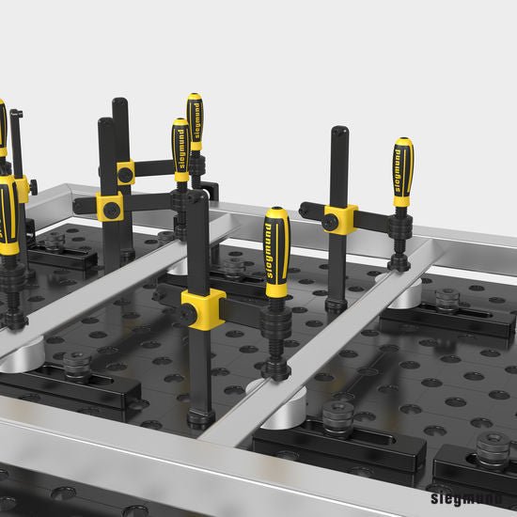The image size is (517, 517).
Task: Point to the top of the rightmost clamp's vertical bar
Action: coord(338,133)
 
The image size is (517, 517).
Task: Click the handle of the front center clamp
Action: coord(276,253)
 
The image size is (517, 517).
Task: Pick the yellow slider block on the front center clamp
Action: coord(203,308)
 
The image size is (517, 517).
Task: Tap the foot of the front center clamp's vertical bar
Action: coord(200,417)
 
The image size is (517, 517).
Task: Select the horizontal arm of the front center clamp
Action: coord(240,310)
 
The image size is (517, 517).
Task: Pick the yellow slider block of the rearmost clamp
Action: coord(125,172)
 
